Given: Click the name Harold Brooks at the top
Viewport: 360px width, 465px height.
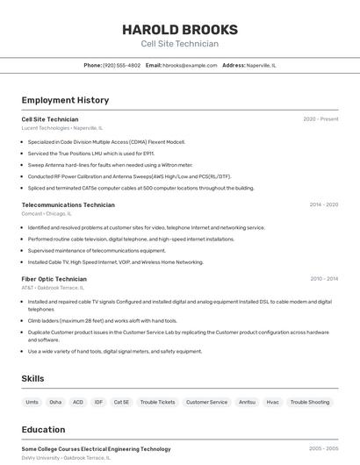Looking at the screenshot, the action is click(180, 30).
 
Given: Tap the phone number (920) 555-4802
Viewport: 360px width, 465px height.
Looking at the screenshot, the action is click(121, 65).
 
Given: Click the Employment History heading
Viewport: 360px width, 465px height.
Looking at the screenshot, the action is click(65, 100).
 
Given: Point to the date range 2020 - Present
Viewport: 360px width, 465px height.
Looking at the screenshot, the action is click(320, 118).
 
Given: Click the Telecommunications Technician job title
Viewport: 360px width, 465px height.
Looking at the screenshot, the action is click(68, 204).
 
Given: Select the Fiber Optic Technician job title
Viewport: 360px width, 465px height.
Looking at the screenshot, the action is click(54, 278).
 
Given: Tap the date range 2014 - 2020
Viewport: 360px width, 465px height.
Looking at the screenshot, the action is click(323, 204).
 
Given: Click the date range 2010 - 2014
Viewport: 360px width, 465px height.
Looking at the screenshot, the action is click(323, 278).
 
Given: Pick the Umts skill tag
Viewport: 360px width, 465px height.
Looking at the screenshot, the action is click(32, 402).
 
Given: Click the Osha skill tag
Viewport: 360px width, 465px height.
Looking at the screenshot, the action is click(55, 402).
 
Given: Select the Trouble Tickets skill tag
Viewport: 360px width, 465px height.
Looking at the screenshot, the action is click(157, 402).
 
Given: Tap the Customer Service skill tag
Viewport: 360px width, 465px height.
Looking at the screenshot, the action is click(206, 402).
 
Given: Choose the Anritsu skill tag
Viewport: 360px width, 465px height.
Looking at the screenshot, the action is click(248, 402).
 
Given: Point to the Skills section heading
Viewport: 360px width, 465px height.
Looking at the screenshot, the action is click(33, 378).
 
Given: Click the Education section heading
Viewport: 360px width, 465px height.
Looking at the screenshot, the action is click(43, 430).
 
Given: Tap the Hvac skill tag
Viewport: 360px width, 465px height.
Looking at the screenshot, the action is click(272, 402).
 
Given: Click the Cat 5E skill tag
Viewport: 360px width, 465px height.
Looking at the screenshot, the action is click(121, 402).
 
